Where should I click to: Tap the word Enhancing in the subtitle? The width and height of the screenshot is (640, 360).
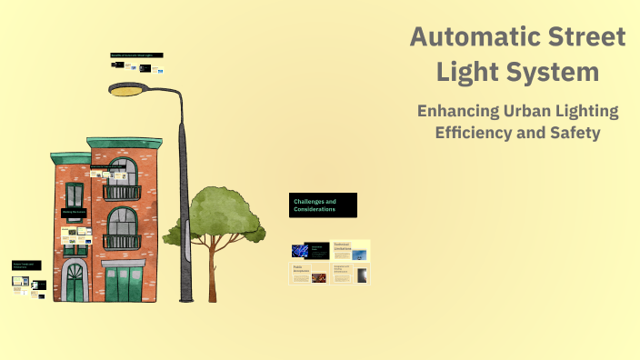pos(465,111)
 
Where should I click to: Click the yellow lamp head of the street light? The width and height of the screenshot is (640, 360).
pos(127,90)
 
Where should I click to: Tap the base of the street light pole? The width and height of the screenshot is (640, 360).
pos(185,295)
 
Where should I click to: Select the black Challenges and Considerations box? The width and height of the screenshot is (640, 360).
pos(323,205)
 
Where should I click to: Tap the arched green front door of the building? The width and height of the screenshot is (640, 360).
pos(74,284)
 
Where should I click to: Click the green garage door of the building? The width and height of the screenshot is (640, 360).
pos(124,283)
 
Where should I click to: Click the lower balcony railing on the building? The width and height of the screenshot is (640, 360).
pos(121,242)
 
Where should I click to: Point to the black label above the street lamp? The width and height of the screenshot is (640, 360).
pos(136,55)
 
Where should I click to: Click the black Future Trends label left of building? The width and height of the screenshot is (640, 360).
pos(25,265)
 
